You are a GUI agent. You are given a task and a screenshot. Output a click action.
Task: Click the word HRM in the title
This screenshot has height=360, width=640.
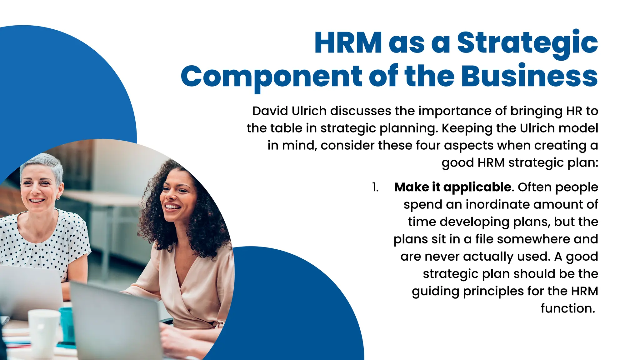pos(348,43)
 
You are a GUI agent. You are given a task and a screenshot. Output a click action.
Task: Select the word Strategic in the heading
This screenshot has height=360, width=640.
pos(527,43)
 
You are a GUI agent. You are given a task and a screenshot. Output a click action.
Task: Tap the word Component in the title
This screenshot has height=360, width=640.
pos(271,77)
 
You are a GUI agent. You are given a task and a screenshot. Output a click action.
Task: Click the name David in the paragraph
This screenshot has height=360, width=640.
pos(270,111)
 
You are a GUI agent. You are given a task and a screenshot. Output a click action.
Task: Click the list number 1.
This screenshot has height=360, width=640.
pos(375,187)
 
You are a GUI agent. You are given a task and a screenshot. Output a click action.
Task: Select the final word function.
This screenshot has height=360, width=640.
pos(567,308)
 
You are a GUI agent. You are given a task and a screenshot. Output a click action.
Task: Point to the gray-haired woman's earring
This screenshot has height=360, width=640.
pos(58,198)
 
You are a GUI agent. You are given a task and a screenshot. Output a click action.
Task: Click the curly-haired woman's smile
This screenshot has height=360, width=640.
pos(172,207)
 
